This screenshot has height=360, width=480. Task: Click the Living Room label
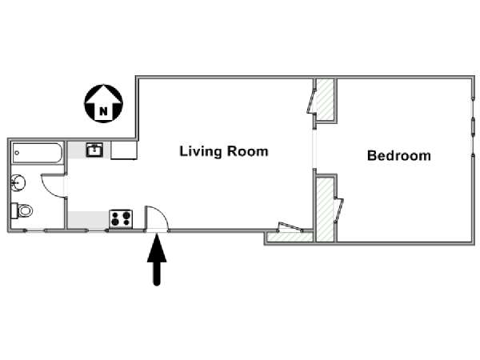224,151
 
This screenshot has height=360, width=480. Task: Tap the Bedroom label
399,155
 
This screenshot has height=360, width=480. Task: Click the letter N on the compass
103,111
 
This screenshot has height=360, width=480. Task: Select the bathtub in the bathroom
38,153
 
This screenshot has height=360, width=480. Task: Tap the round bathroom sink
18,183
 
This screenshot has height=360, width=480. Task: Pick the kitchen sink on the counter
94,150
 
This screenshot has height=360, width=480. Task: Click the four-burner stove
121,218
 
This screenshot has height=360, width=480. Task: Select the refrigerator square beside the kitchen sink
124,150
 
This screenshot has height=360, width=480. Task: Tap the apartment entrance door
157,218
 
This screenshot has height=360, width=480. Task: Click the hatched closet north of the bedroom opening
325,100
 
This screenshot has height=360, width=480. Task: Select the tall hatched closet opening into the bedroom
325,210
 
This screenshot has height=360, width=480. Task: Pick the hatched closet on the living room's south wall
290,237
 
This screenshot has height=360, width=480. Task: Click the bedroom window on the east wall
474,127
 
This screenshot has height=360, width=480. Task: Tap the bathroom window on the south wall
35,230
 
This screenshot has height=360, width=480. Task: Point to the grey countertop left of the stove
89,219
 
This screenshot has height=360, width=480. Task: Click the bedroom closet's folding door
339,210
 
